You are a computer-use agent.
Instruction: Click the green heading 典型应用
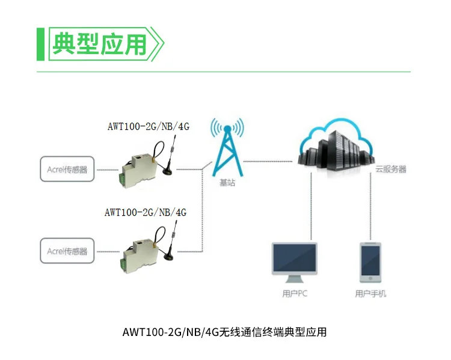click(x=100, y=44)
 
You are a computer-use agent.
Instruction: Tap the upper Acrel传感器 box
click(x=67, y=169)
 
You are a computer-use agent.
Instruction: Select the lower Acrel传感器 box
click(x=67, y=251)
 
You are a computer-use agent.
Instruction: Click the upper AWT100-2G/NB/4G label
click(x=148, y=127)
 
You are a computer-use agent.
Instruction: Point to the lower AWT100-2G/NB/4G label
click(x=145, y=212)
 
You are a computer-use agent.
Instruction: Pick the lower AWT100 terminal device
click(x=137, y=252)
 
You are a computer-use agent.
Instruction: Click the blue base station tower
click(x=227, y=148)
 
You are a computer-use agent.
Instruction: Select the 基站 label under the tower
click(x=227, y=183)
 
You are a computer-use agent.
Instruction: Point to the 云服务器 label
click(x=391, y=169)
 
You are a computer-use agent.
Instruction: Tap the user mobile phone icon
click(x=370, y=262)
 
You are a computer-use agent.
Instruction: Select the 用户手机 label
click(x=370, y=294)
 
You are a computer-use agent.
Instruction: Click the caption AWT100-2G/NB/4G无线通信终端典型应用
click(x=224, y=332)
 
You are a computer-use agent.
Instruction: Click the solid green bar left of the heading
click(x=40, y=44)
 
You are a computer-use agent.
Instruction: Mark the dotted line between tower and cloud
click(x=271, y=160)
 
